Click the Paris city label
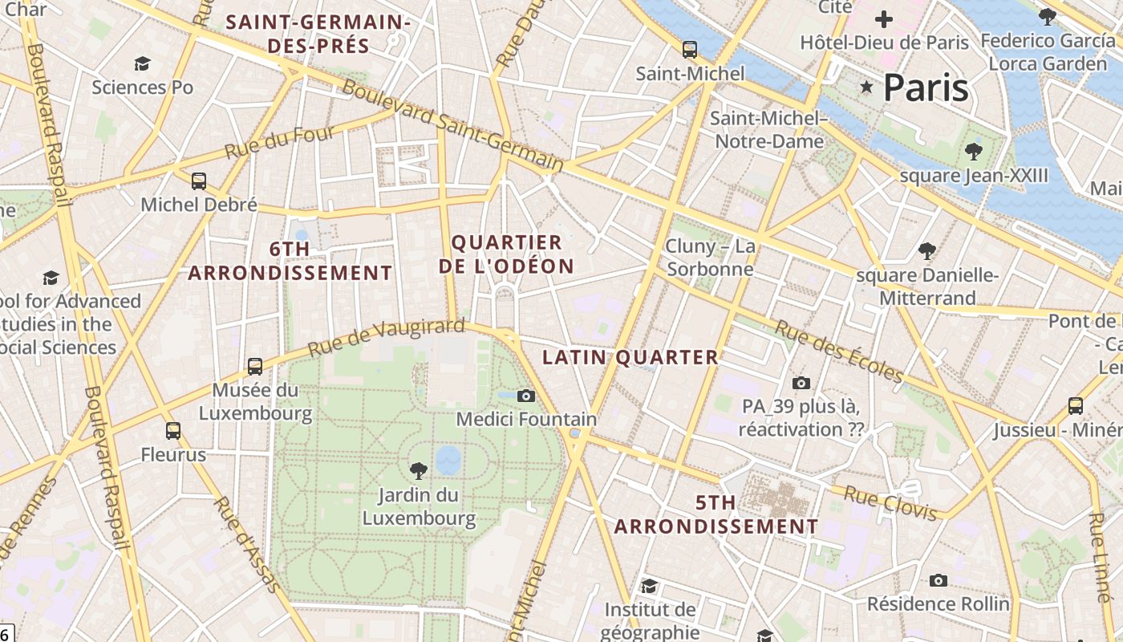(926, 87)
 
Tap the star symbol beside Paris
(866, 87)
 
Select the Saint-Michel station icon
(690, 50)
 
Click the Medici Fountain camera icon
(526, 396)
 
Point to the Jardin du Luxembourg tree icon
(418, 471)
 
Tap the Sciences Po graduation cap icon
(143, 63)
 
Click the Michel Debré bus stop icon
(199, 181)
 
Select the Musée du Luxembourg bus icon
(255, 367)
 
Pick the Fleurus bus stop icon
(173, 431)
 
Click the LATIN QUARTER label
(630, 358)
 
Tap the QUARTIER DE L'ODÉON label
(507, 254)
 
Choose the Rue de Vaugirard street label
(386, 338)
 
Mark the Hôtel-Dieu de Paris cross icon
(884, 19)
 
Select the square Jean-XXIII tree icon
(974, 152)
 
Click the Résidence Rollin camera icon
(939, 580)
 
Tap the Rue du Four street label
(279, 142)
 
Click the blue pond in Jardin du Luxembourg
(448, 460)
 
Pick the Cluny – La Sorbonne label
(711, 257)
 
